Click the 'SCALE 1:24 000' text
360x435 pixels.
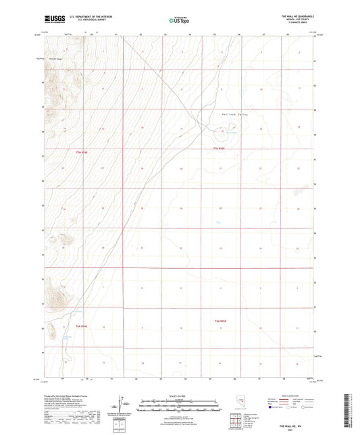click(x=179, y=396)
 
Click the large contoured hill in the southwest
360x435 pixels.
click(x=54, y=294)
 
